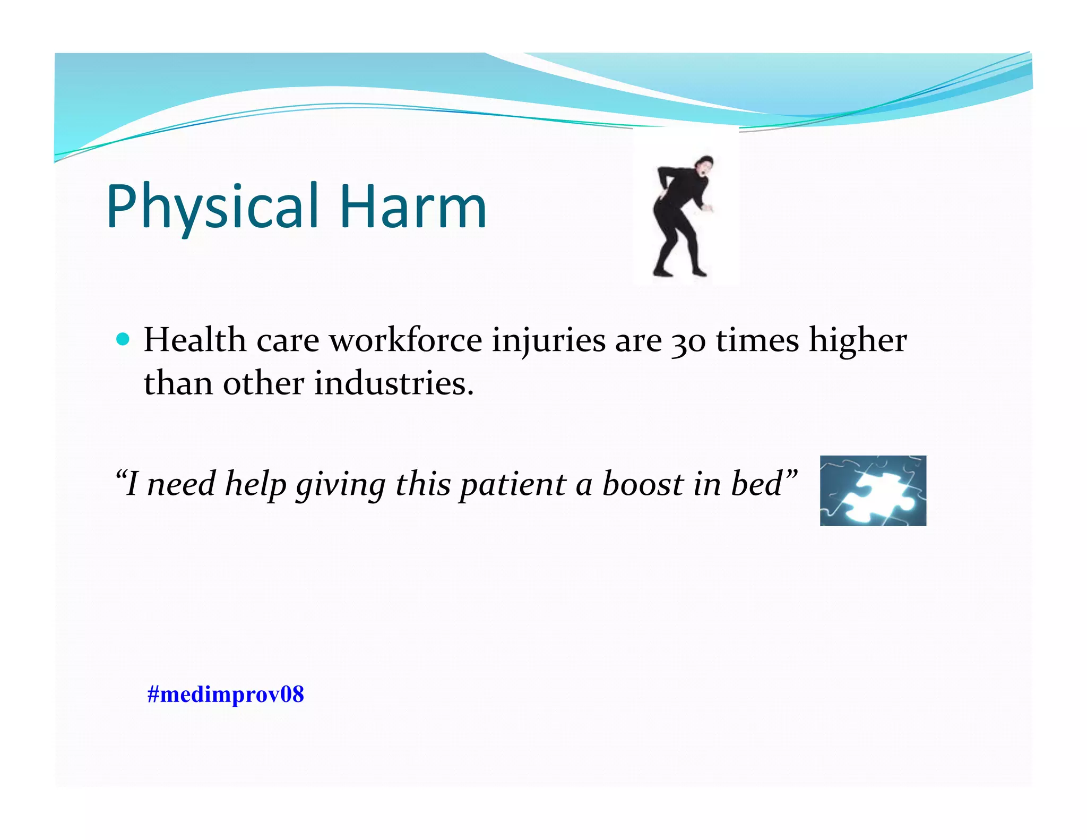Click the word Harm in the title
[x=412, y=207]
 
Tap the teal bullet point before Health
[x=123, y=339]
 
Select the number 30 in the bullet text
[x=688, y=341]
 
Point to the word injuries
[x=548, y=341]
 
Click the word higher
[x=858, y=341]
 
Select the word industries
[x=393, y=383]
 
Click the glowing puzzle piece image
[x=873, y=491]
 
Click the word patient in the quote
[x=513, y=484]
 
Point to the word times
[x=757, y=341]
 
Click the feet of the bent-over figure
[x=679, y=272]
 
